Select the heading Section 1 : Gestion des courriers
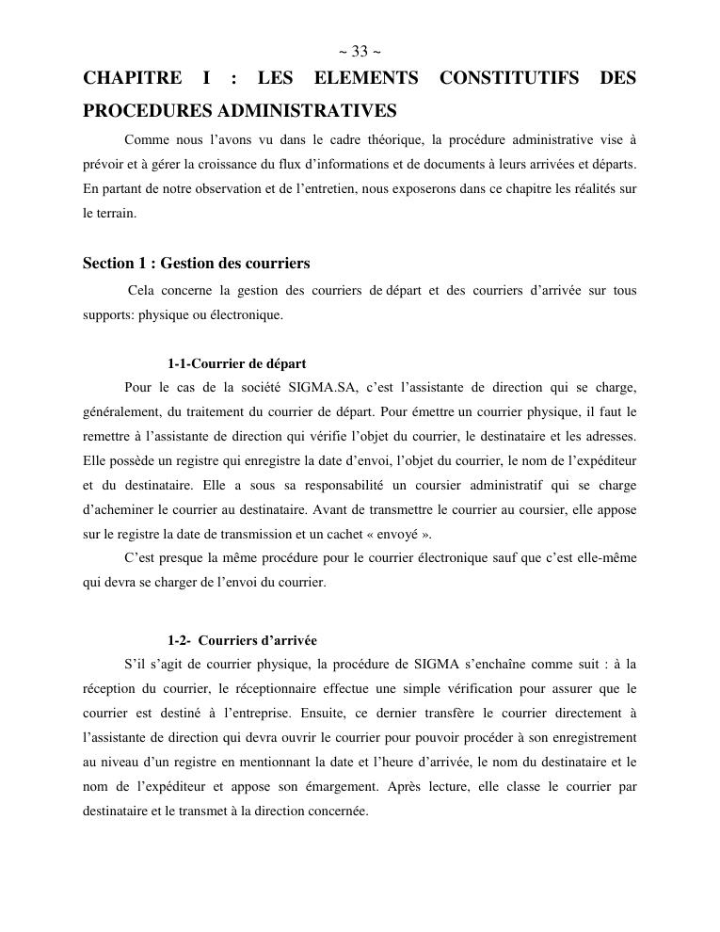tap(196, 264)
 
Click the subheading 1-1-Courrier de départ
tap(236, 363)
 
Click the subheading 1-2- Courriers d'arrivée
tap(242, 640)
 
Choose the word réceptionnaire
tap(255, 688)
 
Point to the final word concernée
tap(335, 811)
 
